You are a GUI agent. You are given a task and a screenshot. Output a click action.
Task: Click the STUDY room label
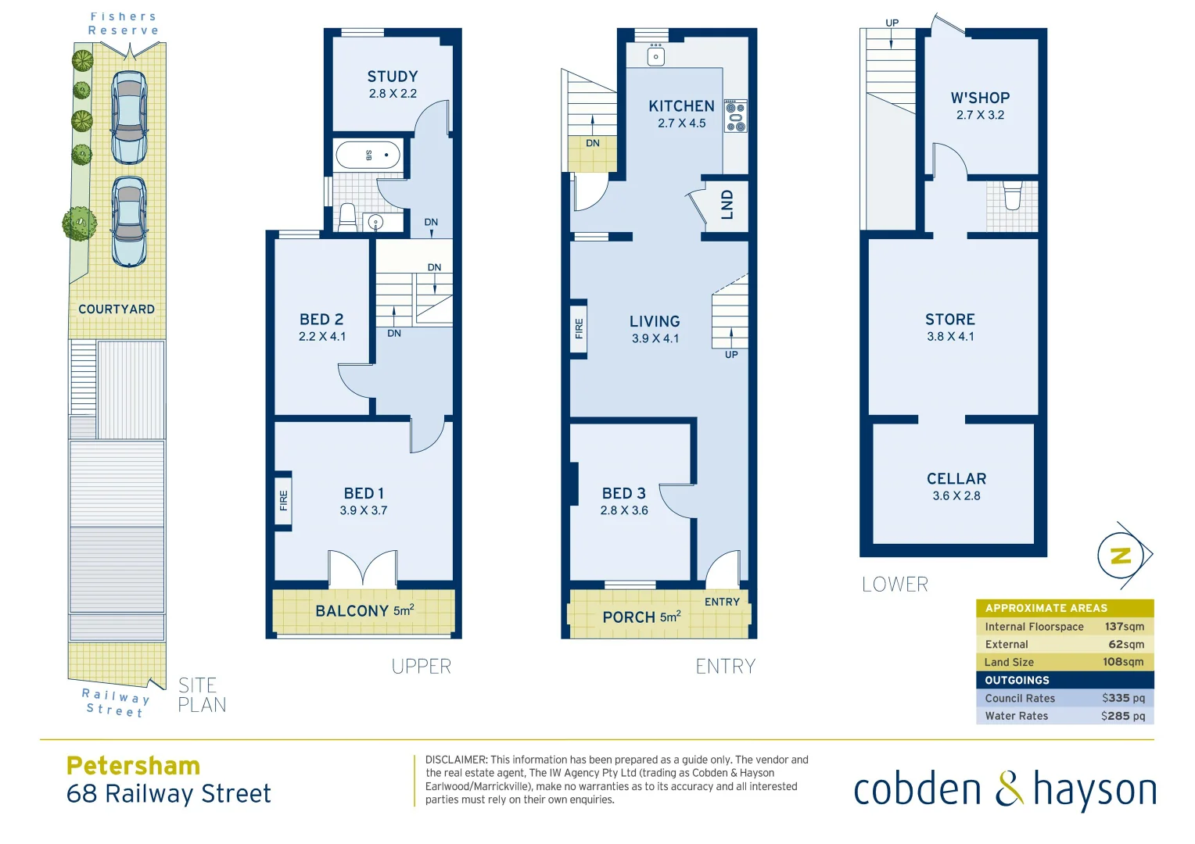coord(393,77)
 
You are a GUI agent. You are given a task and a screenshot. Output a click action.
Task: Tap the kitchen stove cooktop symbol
coord(735,116)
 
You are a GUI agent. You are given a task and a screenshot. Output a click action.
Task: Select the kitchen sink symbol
coord(656,55)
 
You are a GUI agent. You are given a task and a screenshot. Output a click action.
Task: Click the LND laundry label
coord(727,205)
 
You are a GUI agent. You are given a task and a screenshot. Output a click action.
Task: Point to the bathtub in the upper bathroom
coord(368,155)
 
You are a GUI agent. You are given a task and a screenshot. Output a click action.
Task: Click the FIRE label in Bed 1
coord(283,500)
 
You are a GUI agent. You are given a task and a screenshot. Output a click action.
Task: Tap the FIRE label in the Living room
coord(579,328)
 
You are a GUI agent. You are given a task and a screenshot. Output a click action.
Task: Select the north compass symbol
coord(1121,556)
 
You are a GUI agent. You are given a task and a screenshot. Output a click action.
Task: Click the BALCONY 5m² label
coord(364,610)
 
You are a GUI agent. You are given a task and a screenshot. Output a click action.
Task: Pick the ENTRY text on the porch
coord(722,602)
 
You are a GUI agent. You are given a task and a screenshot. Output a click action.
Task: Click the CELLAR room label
coord(956,478)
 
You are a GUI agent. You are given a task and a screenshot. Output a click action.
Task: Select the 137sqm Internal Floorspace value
coord(1124,627)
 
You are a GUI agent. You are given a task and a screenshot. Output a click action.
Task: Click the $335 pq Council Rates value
coord(1123,698)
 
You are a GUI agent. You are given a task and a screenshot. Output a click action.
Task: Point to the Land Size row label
coord(1009,662)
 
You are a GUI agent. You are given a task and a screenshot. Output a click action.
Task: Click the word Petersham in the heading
coord(134,765)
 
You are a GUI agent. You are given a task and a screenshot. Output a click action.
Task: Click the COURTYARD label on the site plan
coord(117,309)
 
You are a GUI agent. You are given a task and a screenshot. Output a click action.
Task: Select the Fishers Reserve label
coord(124,23)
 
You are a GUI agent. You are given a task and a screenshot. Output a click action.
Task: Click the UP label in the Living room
coord(731,355)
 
